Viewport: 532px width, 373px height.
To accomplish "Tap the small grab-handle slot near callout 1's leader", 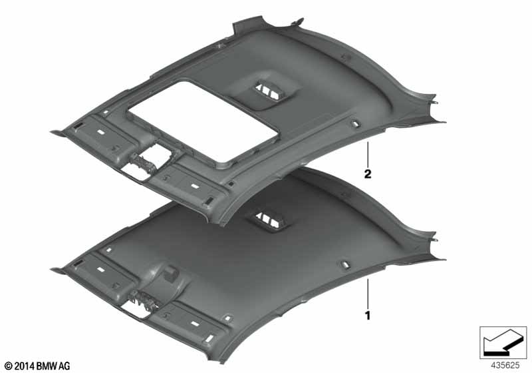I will (344, 264).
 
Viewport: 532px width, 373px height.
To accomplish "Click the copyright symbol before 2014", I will (9, 366).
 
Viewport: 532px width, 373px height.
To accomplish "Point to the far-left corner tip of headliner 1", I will (52, 270).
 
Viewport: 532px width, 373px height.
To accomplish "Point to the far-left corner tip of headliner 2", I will (52, 131).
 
